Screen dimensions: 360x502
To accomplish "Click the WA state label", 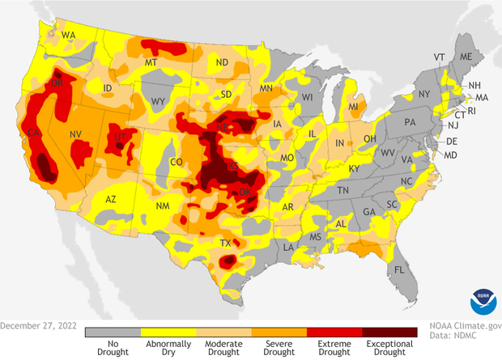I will coord(69,35).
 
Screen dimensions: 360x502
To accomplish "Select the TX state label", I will coord(227,243).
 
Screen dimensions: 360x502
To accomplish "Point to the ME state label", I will coord(466,57).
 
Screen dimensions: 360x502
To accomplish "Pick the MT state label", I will coord(151,62).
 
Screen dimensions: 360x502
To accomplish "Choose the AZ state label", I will coord(112,199).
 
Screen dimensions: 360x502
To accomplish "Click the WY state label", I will coord(159,102).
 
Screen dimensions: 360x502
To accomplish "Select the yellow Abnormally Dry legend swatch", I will coord(168,332).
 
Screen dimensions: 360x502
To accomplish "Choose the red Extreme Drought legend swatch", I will coord(334,332).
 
